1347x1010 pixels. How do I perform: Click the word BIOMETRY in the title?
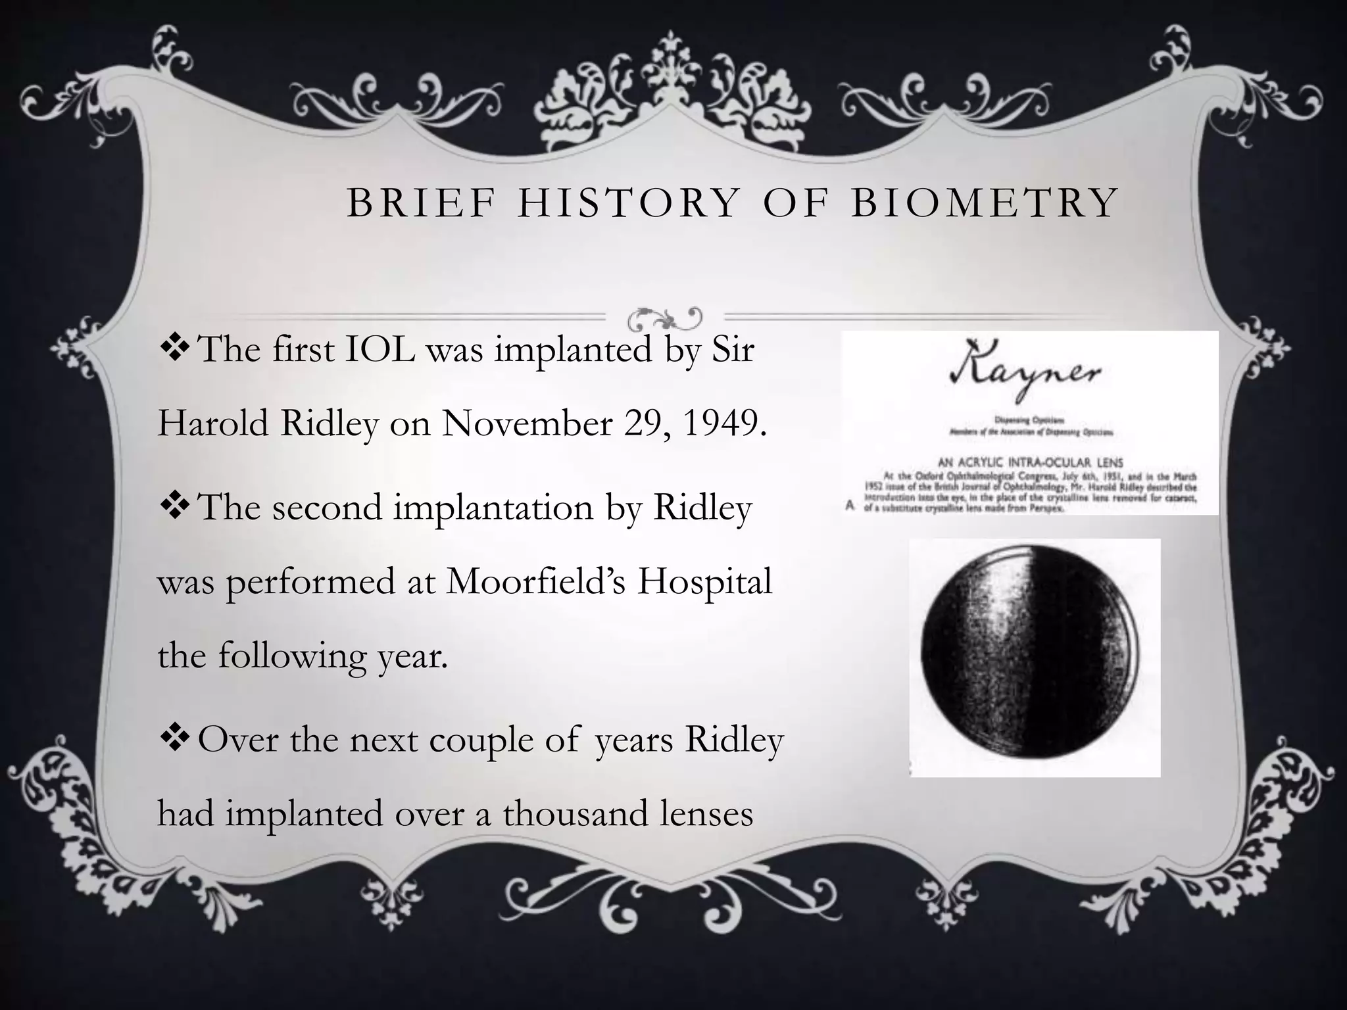point(985,203)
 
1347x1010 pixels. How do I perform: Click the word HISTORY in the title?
point(629,203)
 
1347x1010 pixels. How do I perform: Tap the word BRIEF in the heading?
point(420,203)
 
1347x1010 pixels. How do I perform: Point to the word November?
point(527,423)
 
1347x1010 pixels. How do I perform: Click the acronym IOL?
point(380,349)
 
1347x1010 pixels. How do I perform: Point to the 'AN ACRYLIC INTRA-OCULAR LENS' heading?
point(1030,462)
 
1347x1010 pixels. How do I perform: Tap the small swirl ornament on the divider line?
point(664,318)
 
